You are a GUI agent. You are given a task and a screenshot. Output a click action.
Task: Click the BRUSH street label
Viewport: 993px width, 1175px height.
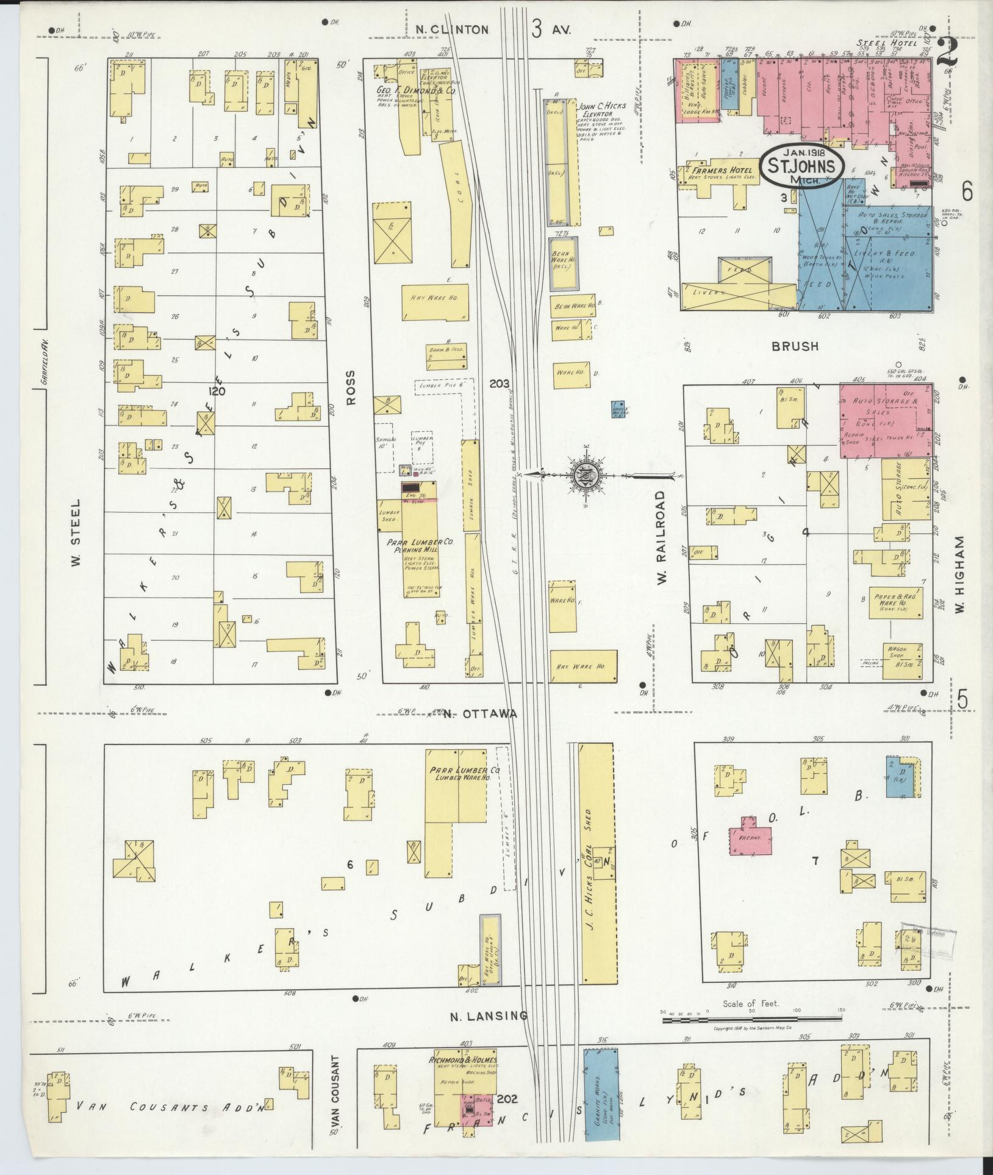click(x=795, y=346)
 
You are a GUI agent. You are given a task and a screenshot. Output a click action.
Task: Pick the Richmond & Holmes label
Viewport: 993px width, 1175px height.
click(x=464, y=1059)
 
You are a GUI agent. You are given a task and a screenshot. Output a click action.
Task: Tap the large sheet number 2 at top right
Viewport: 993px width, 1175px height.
click(x=947, y=53)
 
